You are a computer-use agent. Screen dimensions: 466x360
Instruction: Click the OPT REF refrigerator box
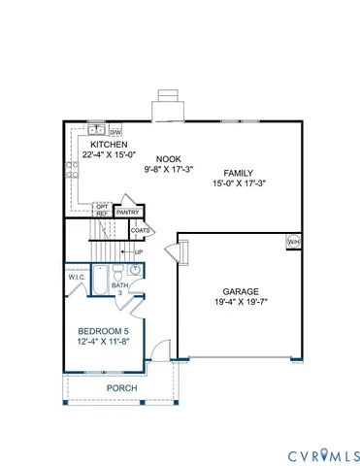point(102,210)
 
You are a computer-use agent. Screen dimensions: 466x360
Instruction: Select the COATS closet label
point(141,231)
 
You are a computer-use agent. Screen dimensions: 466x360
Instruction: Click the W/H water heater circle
point(293,241)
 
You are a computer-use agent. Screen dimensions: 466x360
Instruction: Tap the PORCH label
point(122,388)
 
